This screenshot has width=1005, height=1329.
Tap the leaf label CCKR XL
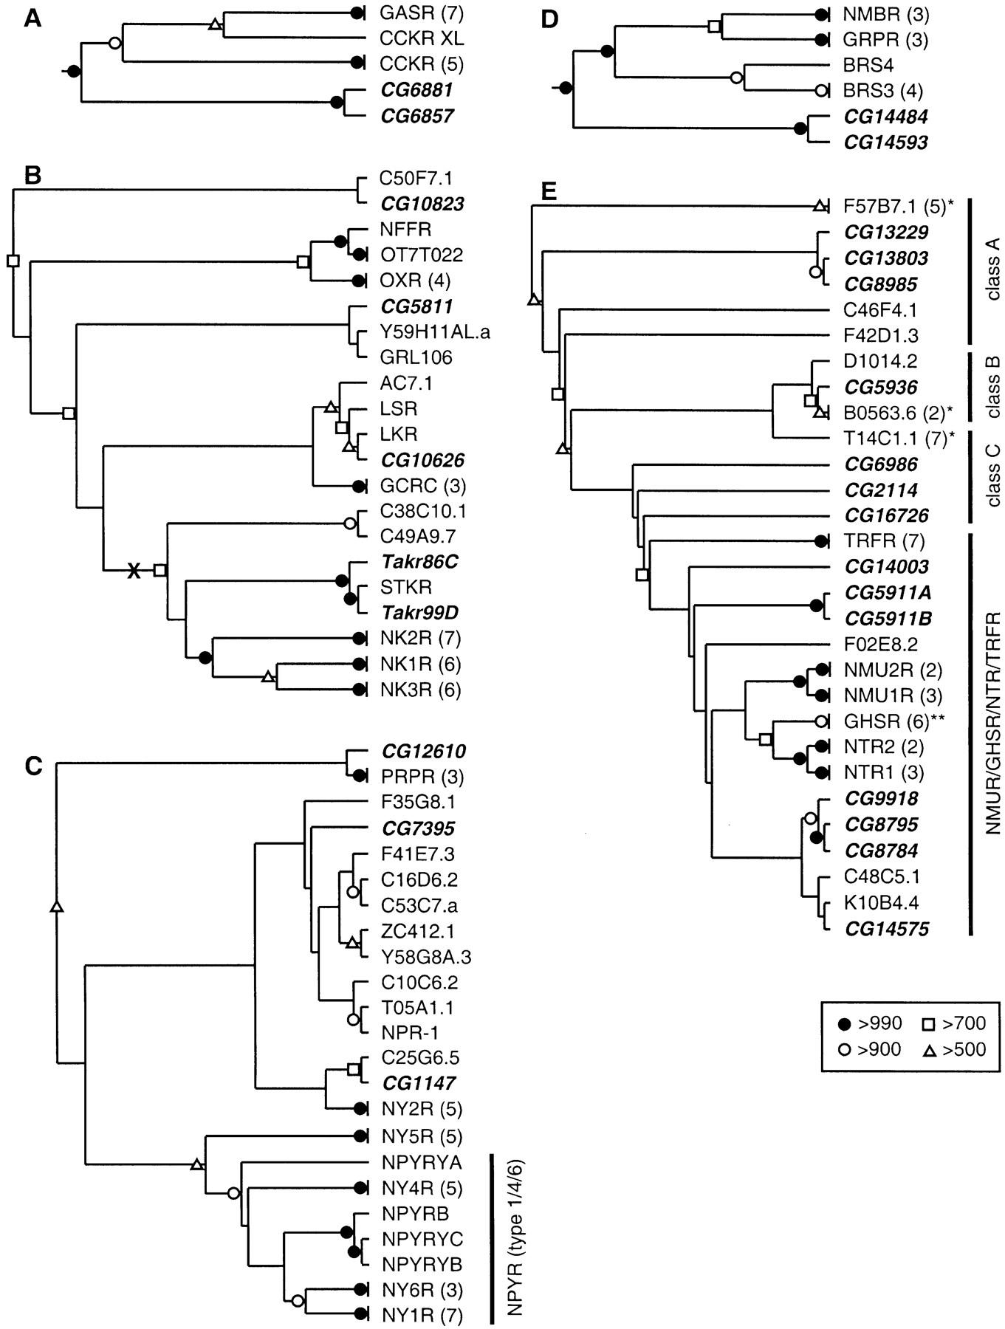click(x=422, y=38)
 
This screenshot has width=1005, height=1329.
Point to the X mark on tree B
click(x=134, y=570)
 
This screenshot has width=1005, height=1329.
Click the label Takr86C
click(x=419, y=562)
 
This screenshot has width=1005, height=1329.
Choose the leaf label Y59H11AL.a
click(x=435, y=332)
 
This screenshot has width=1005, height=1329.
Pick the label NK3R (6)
click(x=420, y=690)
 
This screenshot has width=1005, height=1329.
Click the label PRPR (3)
click(x=422, y=777)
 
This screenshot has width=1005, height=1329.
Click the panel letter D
click(x=550, y=18)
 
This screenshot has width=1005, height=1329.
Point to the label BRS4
click(x=869, y=65)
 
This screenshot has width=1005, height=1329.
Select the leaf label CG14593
click(x=886, y=142)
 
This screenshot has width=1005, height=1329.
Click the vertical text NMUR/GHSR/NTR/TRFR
click(x=992, y=733)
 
